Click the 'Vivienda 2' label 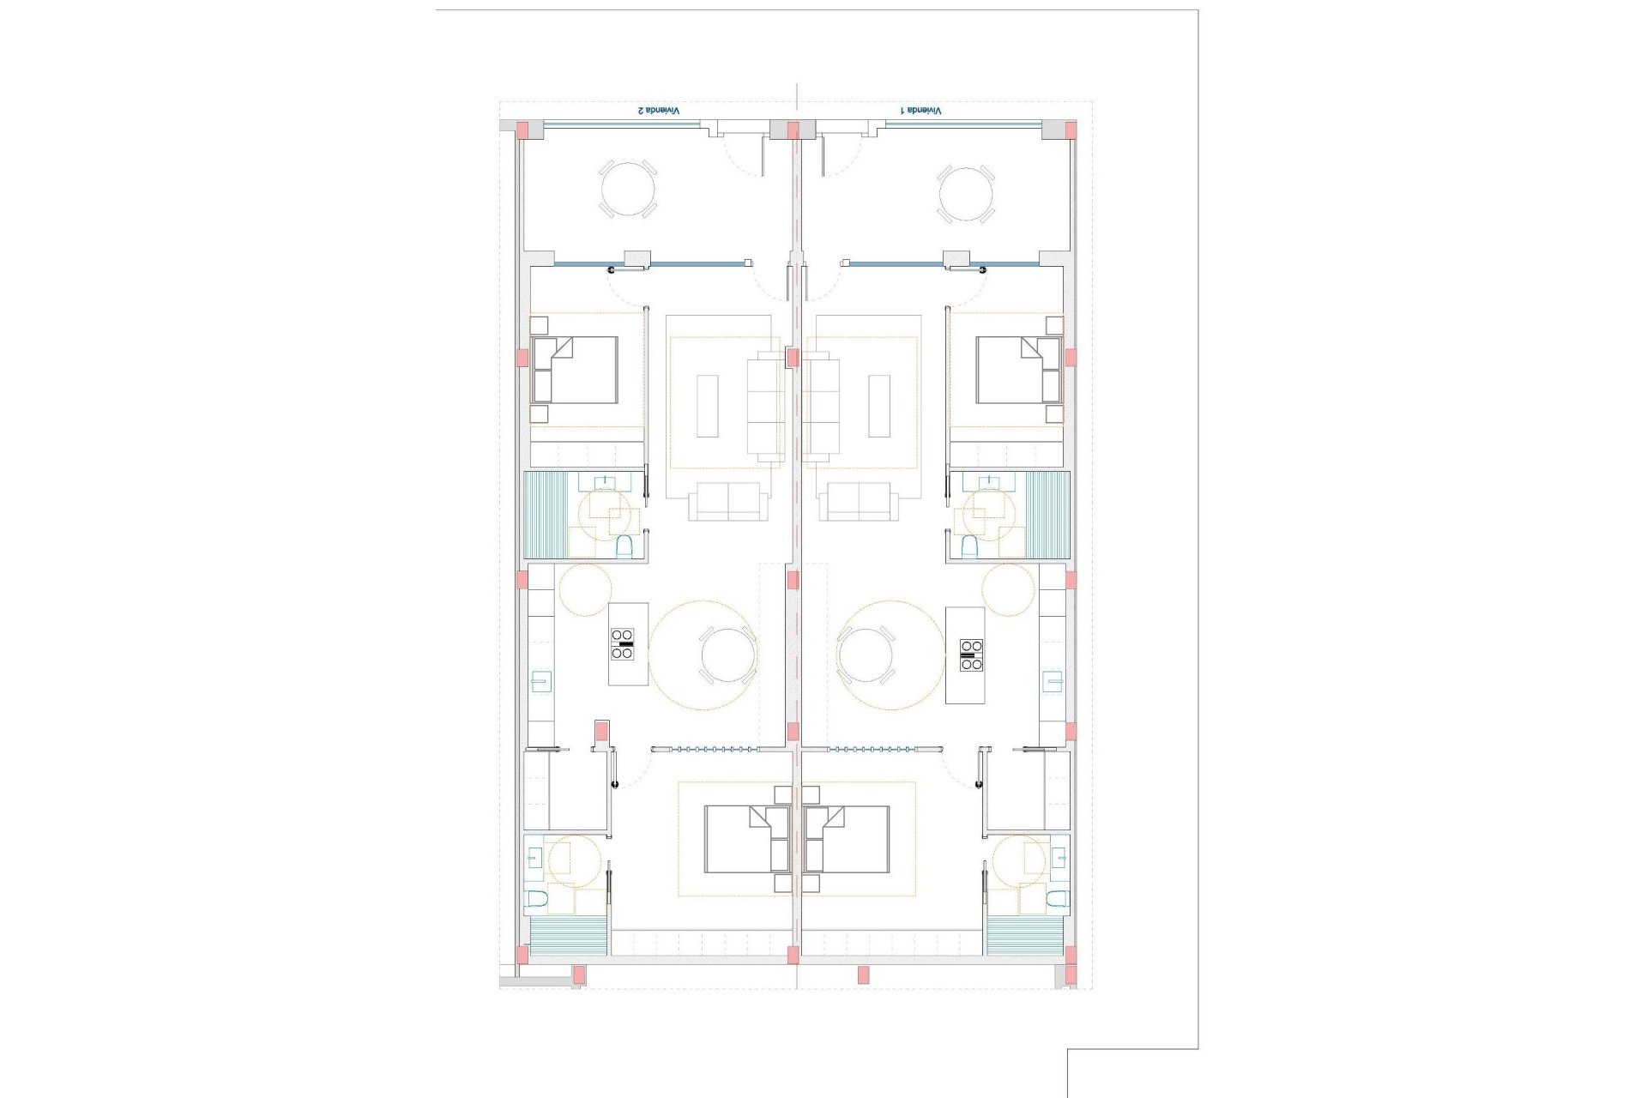point(658,111)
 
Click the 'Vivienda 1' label point(920,111)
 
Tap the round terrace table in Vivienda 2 point(627,189)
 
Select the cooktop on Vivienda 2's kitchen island point(622,644)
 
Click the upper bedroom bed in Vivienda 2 point(575,370)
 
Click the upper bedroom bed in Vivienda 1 point(1019,370)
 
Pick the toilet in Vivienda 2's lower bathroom point(538,899)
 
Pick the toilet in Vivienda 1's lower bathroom point(1057,899)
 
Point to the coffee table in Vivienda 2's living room point(707,406)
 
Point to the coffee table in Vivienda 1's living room point(879,406)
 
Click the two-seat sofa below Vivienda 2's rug point(727,501)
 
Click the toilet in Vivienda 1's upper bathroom point(969,546)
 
